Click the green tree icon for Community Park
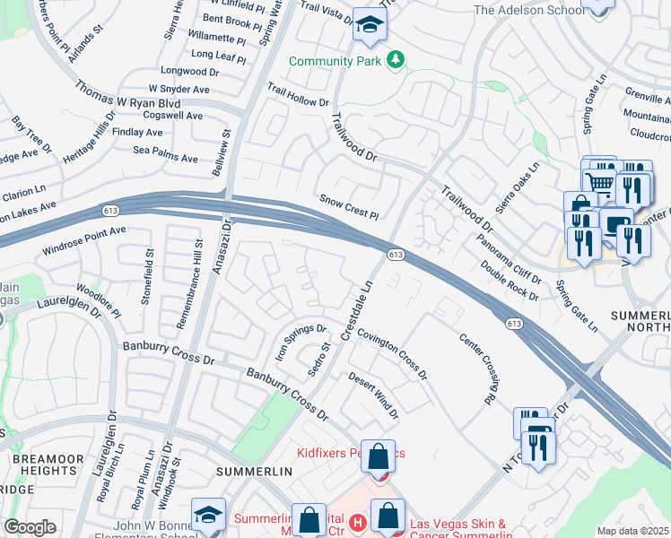[396, 61]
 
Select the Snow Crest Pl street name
[350, 207]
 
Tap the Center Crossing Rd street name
[479, 367]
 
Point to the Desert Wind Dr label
[373, 395]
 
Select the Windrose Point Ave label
[83, 237]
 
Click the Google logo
[30, 527]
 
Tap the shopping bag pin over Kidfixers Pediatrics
[379, 455]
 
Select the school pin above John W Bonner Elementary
[209, 515]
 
